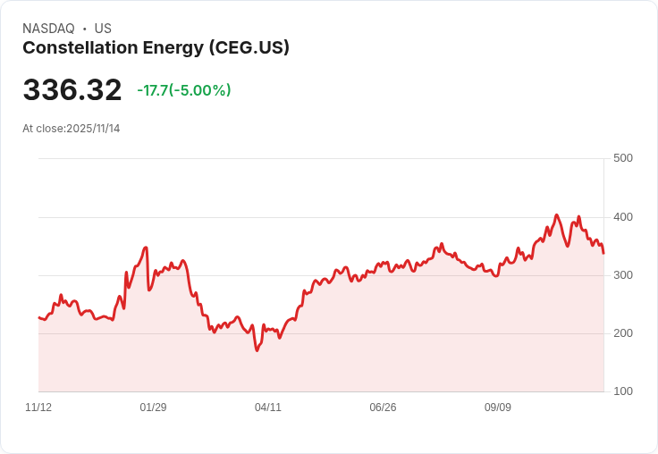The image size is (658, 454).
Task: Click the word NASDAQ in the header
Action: tap(48, 29)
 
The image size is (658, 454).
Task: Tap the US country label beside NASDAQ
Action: tap(103, 29)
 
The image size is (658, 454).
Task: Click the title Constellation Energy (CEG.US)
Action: tap(156, 48)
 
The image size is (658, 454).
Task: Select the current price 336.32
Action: tap(72, 90)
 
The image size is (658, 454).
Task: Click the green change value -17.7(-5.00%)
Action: tap(184, 90)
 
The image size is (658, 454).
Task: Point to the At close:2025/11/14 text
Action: tap(72, 129)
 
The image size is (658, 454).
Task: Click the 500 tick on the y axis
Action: tap(623, 158)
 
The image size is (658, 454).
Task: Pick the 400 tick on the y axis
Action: tap(623, 217)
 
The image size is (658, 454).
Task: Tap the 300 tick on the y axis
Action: tap(623, 275)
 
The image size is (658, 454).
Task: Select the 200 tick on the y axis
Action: tap(623, 333)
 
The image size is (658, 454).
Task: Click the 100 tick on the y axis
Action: tap(623, 391)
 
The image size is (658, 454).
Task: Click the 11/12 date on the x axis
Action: tap(38, 408)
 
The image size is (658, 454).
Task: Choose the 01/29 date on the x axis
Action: tap(153, 408)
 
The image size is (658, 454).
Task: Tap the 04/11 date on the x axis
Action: tap(268, 408)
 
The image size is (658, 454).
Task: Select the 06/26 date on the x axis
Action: tap(383, 408)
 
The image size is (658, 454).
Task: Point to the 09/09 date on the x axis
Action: tap(498, 408)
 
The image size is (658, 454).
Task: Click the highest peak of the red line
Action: tap(556, 214)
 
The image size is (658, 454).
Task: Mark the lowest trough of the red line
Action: tap(257, 350)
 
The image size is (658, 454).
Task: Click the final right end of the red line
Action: tap(603, 253)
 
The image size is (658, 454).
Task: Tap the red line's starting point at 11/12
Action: tap(38, 317)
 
